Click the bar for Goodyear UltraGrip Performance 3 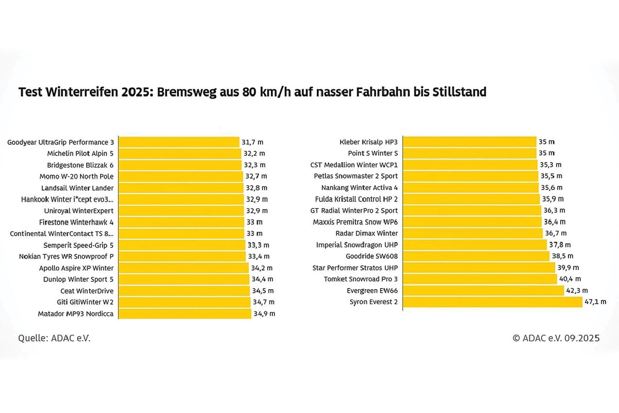point(179,142)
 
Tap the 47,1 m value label point(595,302)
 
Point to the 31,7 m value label point(252,142)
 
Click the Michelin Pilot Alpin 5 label point(80,153)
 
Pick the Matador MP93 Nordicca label point(76,313)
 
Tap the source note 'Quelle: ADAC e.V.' point(50,338)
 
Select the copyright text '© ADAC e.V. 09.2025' point(556,338)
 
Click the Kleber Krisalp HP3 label point(368,142)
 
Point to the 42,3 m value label point(577,291)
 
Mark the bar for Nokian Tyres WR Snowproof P point(182,256)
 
